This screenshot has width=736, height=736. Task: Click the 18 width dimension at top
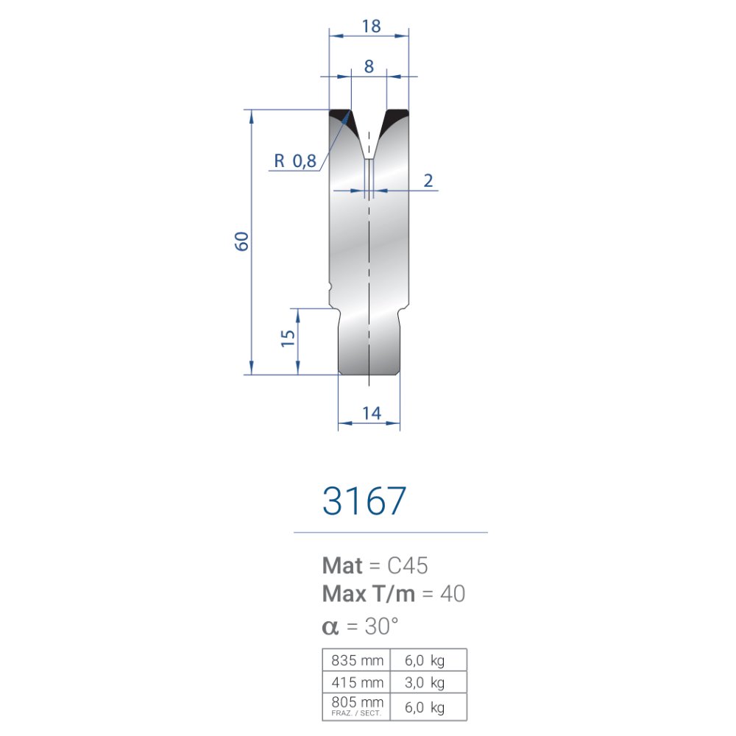pyautogui.click(x=371, y=26)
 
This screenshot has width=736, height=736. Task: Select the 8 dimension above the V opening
pyautogui.click(x=369, y=67)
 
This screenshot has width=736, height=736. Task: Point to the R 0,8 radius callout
pyautogui.click(x=295, y=161)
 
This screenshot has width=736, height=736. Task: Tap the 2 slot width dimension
pyautogui.click(x=428, y=180)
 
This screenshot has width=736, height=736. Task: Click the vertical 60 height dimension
pyautogui.click(x=241, y=241)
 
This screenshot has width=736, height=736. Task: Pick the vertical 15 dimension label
pyautogui.click(x=288, y=338)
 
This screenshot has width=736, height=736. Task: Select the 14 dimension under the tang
pyautogui.click(x=371, y=413)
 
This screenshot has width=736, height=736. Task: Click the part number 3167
pyautogui.click(x=364, y=500)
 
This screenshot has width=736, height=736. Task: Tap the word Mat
pyautogui.click(x=342, y=565)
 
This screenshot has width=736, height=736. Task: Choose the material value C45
pyautogui.click(x=408, y=565)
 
